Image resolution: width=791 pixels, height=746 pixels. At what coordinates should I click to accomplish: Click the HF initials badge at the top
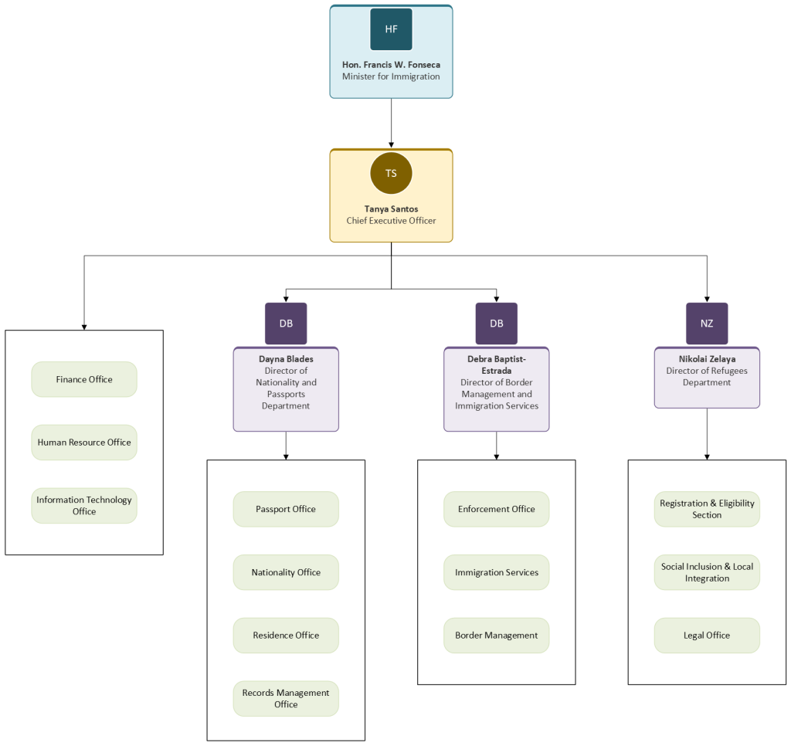(x=391, y=29)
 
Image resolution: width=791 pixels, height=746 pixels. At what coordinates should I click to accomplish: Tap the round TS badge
(x=391, y=173)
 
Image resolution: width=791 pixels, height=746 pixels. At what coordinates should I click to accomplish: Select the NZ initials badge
(x=707, y=324)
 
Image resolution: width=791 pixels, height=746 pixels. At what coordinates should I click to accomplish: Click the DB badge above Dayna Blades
(x=286, y=324)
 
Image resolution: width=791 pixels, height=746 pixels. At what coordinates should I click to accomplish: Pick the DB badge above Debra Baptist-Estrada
(x=497, y=324)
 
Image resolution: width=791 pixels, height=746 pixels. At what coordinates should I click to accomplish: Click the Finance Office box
(x=84, y=379)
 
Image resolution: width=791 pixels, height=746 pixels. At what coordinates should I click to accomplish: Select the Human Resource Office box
(x=84, y=443)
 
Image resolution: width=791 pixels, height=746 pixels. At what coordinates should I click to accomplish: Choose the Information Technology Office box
(x=84, y=505)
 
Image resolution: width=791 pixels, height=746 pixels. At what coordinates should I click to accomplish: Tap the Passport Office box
(x=286, y=509)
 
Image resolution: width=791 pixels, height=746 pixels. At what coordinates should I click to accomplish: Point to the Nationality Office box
(x=286, y=572)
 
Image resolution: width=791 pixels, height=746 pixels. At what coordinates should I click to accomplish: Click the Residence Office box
(x=286, y=636)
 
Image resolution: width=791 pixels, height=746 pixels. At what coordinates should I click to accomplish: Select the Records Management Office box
(x=286, y=699)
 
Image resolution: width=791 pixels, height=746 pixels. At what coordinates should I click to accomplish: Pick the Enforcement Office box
(x=497, y=509)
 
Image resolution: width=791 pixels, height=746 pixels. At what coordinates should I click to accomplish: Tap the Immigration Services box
(x=497, y=572)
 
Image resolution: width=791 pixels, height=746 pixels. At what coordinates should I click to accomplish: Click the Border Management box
(x=497, y=636)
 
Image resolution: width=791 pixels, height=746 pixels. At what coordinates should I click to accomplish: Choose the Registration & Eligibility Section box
(x=707, y=509)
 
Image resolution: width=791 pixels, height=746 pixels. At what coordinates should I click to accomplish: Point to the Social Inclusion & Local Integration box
(x=707, y=572)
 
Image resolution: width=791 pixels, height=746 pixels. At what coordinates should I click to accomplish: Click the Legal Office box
(x=707, y=636)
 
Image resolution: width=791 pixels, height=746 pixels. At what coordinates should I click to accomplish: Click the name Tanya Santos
(x=391, y=209)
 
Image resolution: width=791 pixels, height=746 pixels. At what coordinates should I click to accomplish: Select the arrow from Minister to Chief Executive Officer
(x=391, y=123)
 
